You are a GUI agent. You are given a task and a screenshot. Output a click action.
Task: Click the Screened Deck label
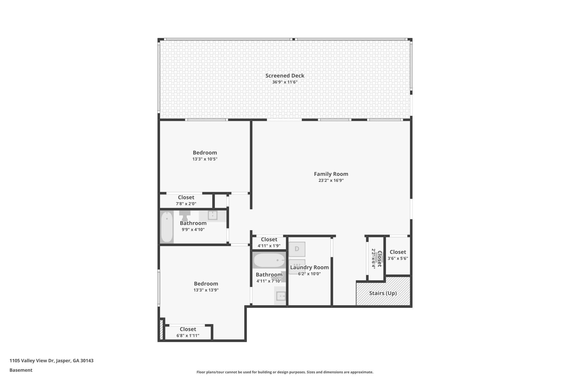pyautogui.click(x=285, y=76)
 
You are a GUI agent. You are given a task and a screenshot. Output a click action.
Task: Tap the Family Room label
pyautogui.click(x=331, y=174)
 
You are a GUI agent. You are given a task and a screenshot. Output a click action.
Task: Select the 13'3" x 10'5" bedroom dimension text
pyautogui.click(x=205, y=159)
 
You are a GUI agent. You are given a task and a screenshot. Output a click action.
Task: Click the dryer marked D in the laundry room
pyautogui.click(x=297, y=249)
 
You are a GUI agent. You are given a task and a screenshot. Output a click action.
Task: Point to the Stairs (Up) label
pyautogui.click(x=383, y=293)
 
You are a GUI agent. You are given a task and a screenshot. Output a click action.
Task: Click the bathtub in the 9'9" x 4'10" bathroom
pyautogui.click(x=167, y=227)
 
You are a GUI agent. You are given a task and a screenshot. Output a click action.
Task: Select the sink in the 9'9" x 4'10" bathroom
pyautogui.click(x=213, y=215)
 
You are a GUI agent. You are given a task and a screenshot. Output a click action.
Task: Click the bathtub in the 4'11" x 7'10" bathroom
pyautogui.click(x=269, y=260)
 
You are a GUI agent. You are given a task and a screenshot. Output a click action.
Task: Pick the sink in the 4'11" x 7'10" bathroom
pyautogui.click(x=281, y=296)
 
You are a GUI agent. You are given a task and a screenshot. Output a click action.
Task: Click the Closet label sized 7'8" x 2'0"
pyautogui.click(x=186, y=197)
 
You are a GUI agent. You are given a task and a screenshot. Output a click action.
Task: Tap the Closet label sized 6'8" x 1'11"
pyautogui.click(x=188, y=329)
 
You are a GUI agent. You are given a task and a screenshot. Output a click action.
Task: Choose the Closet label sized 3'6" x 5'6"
pyautogui.click(x=398, y=252)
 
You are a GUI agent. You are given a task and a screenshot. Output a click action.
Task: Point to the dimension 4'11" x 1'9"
pyautogui.click(x=269, y=246)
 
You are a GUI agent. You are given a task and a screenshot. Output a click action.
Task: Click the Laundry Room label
pyautogui.click(x=309, y=268)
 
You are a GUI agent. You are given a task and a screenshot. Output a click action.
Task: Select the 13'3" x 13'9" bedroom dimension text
pyautogui.click(x=206, y=290)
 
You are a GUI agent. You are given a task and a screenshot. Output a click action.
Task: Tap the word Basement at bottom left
pyautogui.click(x=21, y=370)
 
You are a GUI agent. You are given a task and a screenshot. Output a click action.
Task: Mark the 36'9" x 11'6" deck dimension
pyautogui.click(x=285, y=82)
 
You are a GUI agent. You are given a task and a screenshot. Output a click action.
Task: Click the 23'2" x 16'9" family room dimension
pyautogui.click(x=331, y=180)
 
